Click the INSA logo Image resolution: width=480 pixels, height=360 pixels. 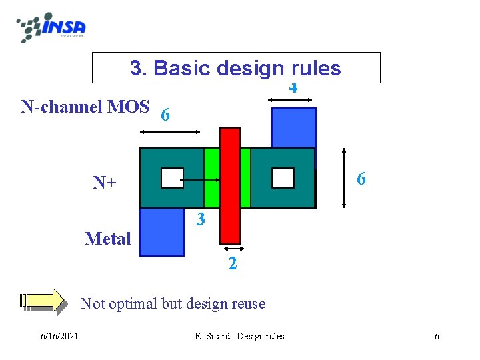click(x=51, y=27)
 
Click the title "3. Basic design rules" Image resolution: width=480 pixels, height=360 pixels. click(x=235, y=68)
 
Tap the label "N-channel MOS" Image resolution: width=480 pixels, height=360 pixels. click(x=85, y=107)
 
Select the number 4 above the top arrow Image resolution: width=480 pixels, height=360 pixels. click(x=293, y=88)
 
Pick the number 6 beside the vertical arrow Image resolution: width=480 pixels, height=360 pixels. click(x=361, y=179)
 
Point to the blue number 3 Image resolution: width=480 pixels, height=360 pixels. click(x=200, y=219)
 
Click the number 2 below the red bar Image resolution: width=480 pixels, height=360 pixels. click(x=231, y=263)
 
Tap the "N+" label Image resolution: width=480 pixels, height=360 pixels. click(x=105, y=182)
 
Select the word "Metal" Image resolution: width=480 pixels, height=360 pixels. click(x=108, y=239)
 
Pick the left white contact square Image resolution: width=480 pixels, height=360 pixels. click(x=172, y=178)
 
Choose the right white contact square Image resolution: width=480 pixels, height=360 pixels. click(x=283, y=178)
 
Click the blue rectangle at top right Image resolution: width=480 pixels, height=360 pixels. click(x=293, y=127)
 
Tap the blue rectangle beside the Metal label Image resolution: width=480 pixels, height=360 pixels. click(x=162, y=232)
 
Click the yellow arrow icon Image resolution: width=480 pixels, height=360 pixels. click(x=44, y=301)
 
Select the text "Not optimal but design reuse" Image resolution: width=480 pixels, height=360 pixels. click(x=173, y=304)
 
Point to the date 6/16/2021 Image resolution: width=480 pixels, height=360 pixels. click(x=58, y=336)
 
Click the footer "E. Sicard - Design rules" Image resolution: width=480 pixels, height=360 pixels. click(x=239, y=336)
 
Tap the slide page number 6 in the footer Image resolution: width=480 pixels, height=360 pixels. click(x=437, y=336)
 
